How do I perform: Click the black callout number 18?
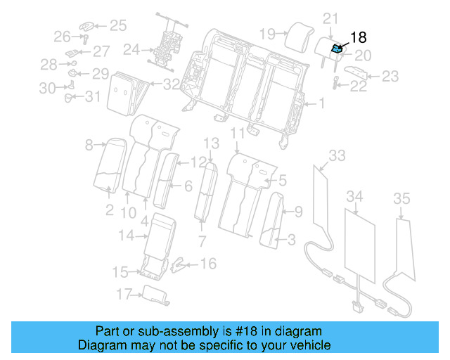point(359,38)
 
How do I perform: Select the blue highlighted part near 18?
point(337,49)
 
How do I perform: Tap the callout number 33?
point(337,155)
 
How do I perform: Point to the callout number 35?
point(401,200)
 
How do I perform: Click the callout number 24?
point(131,50)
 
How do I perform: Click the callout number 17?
point(124,295)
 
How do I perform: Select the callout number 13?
point(212,143)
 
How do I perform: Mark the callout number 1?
point(322,104)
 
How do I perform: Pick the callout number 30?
point(47,88)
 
